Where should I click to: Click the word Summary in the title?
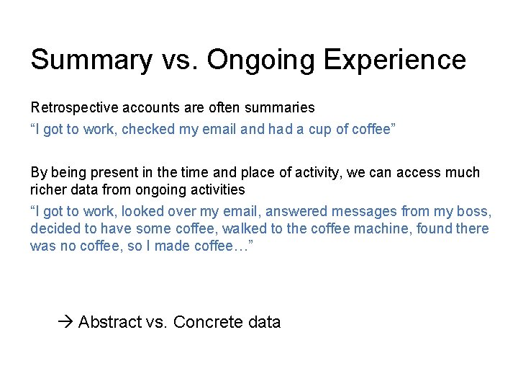[91, 60]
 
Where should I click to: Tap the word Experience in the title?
[395, 60]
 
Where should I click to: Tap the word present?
[111, 173]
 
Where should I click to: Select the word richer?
[47, 190]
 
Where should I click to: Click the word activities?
[216, 190]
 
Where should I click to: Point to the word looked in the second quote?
[142, 212]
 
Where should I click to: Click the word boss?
[474, 212]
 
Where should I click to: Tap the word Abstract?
[109, 322]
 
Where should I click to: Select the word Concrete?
[208, 322]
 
